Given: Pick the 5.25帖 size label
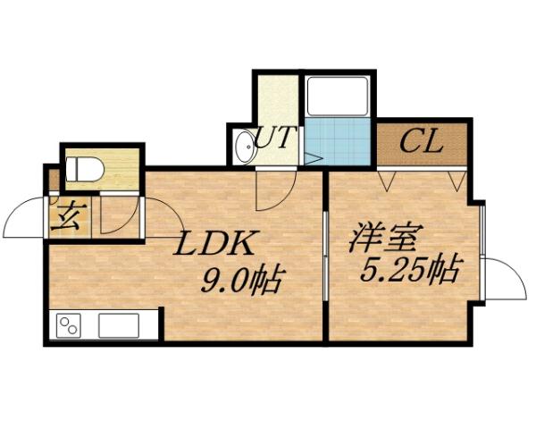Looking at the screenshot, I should (x=410, y=267).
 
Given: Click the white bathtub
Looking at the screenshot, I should (x=337, y=96).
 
